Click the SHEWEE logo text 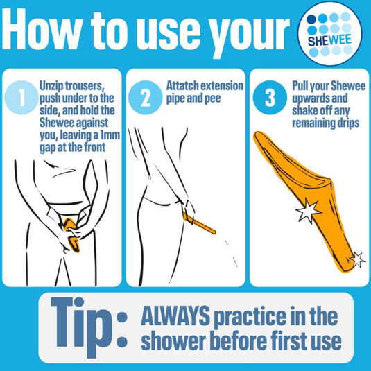329,40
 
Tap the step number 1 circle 21,98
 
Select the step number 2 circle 145,98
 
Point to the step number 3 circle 270,98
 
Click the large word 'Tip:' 89,327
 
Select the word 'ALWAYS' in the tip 175,316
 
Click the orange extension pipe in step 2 199,223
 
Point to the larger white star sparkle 308,211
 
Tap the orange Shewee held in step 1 71,234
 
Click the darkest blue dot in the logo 311,19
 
